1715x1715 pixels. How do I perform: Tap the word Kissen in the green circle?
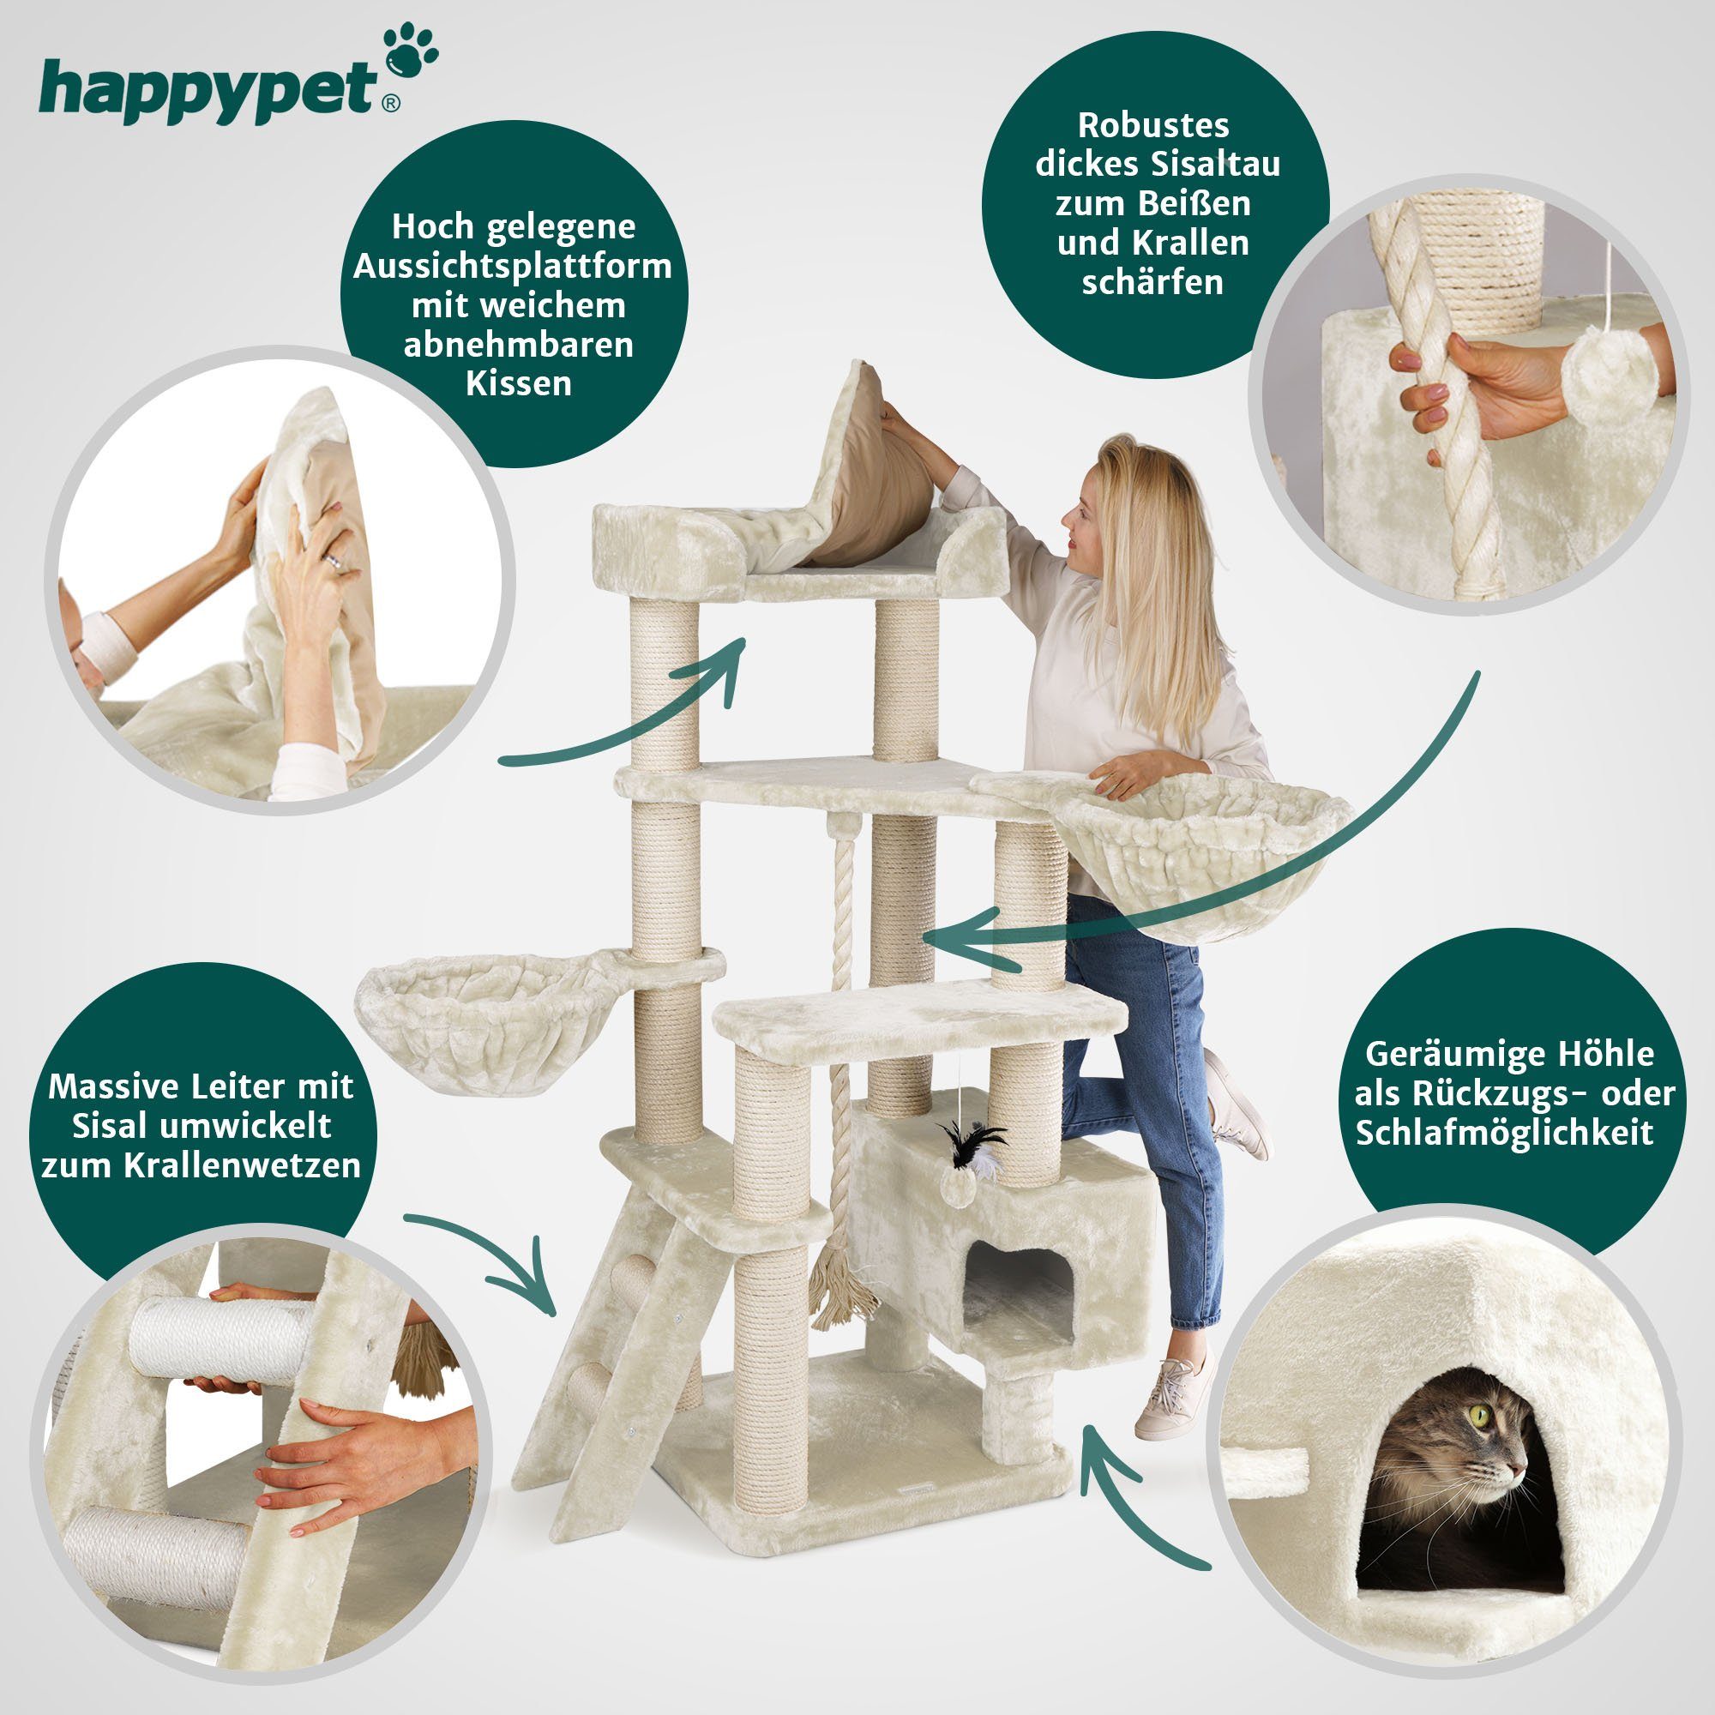point(520,384)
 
